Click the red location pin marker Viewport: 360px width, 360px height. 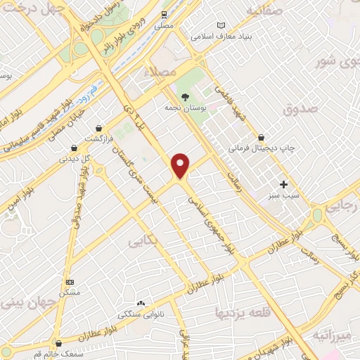pyautogui.click(x=181, y=165)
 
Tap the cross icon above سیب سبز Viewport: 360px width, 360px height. pyautogui.click(x=283, y=184)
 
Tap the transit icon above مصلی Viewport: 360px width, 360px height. pyautogui.click(x=164, y=14)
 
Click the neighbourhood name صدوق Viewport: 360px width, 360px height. pyautogui.click(x=301, y=108)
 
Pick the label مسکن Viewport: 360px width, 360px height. pyautogui.click(x=70, y=291)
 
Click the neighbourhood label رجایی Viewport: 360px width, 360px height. pyautogui.click(x=345, y=205)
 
